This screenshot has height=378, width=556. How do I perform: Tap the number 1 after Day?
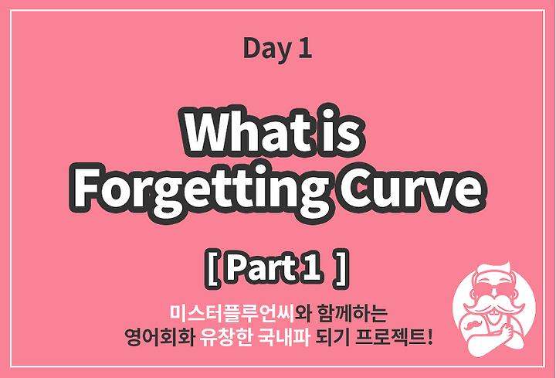pyautogui.click(x=304, y=48)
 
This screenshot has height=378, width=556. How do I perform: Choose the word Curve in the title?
pyautogui.click(x=412, y=187)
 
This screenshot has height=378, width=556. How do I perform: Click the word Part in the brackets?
pyautogui.click(x=261, y=268)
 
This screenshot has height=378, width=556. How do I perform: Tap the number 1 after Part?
pyautogui.click(x=313, y=268)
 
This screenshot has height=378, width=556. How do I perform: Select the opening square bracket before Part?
pyautogui.click(x=212, y=269)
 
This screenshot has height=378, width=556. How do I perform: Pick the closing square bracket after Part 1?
pyautogui.click(x=341, y=269)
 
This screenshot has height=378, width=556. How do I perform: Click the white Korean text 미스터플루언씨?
pyautogui.click(x=232, y=313)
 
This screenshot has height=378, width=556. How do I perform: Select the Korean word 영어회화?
pyautogui.click(x=159, y=337)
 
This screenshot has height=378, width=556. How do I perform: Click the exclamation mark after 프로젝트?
pyautogui.click(x=430, y=337)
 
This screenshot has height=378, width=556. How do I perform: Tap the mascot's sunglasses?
pyautogui.click(x=495, y=289)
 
